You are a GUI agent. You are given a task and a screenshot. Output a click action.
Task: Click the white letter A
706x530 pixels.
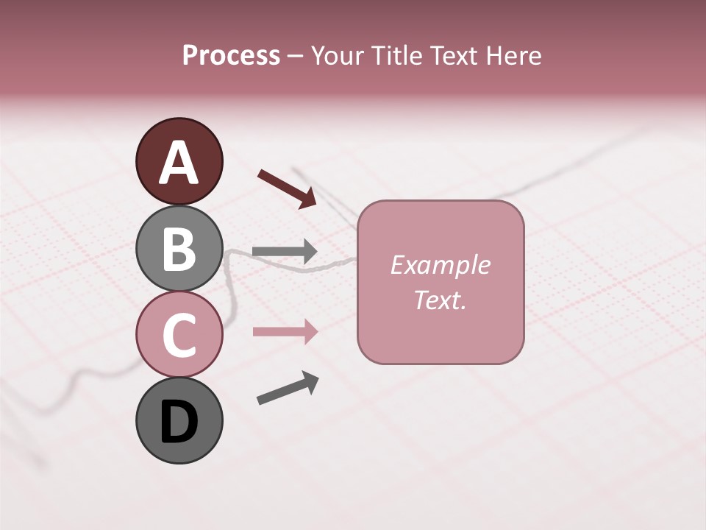coord(179,163)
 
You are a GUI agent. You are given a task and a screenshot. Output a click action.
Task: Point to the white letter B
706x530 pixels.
coord(179,249)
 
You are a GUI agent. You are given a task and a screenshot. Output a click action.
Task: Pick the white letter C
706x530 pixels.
coord(179,335)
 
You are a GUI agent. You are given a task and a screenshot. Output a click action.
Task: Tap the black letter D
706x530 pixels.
coord(179,423)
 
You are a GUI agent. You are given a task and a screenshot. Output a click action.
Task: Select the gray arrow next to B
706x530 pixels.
coord(285,252)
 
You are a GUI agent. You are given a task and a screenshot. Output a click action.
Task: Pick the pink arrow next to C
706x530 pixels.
coord(285,332)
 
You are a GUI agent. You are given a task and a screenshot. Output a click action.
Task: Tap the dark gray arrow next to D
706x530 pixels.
coord(288,388)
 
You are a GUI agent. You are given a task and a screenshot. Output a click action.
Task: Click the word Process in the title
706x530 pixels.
coord(231,56)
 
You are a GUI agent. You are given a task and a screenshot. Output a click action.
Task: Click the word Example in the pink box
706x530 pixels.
coord(440,265)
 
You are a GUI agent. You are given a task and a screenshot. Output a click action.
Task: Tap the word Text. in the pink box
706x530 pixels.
coord(440,300)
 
